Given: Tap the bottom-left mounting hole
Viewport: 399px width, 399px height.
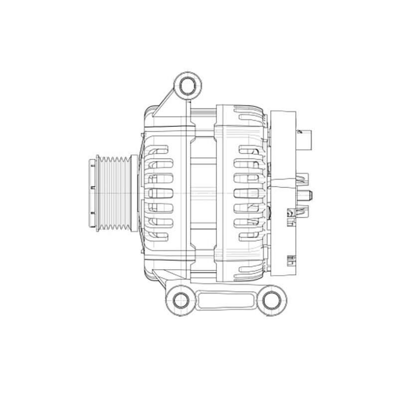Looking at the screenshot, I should (181, 300).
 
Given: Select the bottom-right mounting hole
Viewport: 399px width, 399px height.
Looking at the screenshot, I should (272, 300).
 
